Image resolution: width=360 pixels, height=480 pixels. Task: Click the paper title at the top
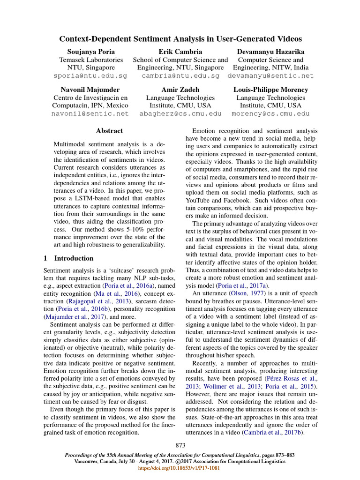tap(180, 39)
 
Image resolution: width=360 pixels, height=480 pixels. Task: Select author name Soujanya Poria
tap(90, 51)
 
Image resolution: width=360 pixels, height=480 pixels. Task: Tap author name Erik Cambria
tap(180, 51)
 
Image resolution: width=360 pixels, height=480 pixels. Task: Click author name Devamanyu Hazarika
tap(270, 51)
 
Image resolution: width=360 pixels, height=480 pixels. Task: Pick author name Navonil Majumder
tap(90, 90)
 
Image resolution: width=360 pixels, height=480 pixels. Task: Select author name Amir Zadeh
tap(180, 90)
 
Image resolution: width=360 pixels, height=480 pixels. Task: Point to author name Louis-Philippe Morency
tap(270, 90)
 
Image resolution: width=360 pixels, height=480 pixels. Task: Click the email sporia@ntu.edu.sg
tap(90, 75)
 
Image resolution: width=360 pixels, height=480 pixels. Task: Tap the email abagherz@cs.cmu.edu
tap(180, 113)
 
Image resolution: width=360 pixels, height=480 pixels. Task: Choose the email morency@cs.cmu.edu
tap(270, 113)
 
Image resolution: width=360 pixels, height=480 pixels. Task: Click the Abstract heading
tap(109, 131)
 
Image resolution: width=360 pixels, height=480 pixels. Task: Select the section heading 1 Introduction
tap(68, 258)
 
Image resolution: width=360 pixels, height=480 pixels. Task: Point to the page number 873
tap(180, 445)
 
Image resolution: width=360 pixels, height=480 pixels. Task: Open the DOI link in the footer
tap(180, 468)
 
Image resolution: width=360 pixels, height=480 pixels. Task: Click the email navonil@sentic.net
tap(90, 113)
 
